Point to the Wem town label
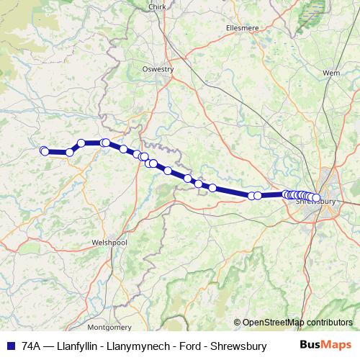coord(331,73)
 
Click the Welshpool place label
coord(109,243)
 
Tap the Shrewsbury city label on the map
coord(317,202)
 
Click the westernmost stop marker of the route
coord(43,150)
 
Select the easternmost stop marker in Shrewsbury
coord(316,197)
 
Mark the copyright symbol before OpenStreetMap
coord(237,323)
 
